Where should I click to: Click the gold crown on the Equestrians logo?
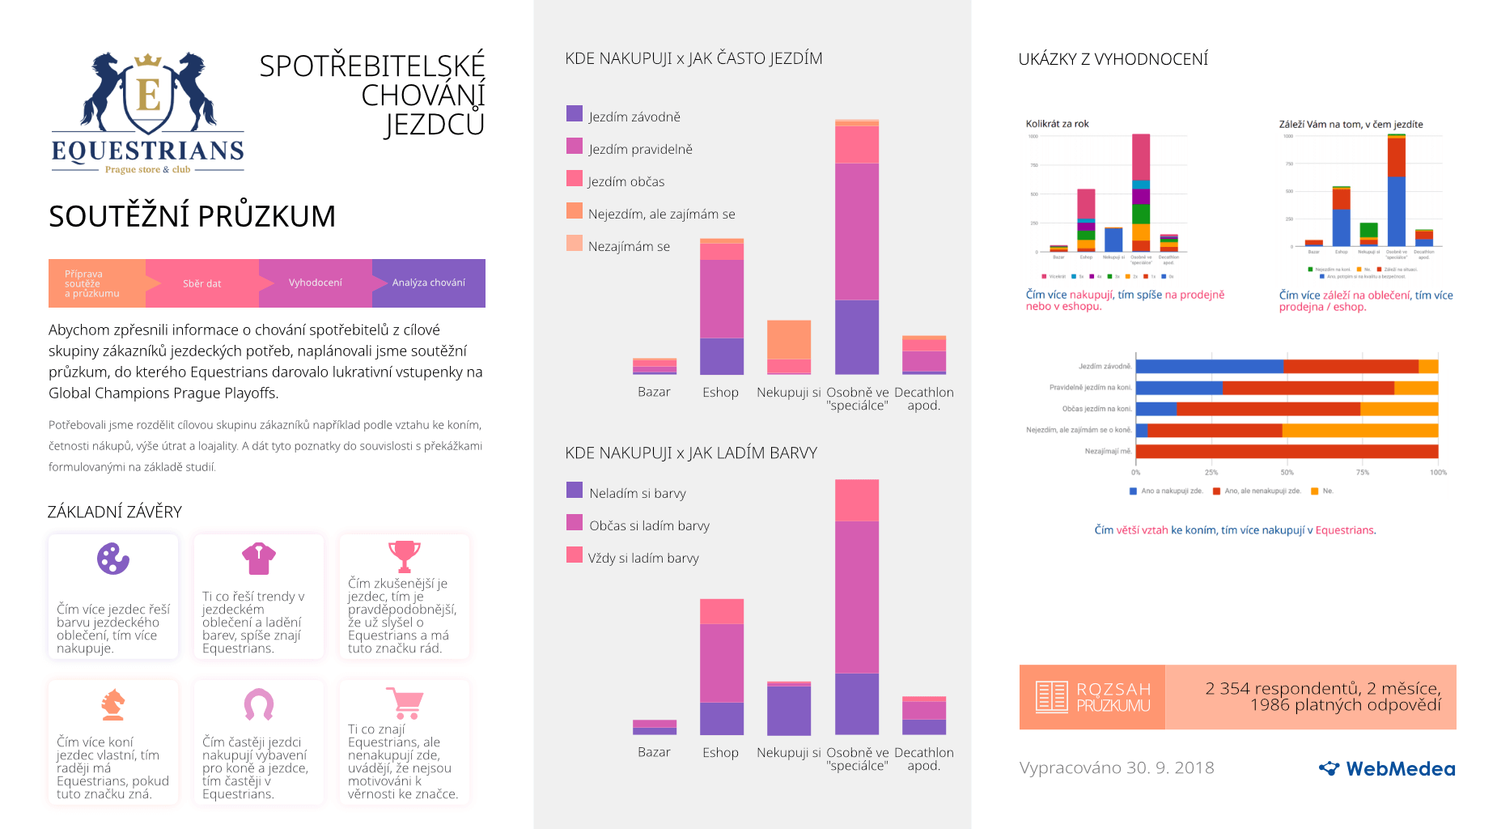pos(148,61)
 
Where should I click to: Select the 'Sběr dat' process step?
pos(201,283)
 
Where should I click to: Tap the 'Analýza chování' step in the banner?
pos(428,283)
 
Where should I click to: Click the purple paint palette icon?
pos(113,559)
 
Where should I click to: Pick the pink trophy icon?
pos(404,556)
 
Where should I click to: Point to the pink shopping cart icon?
pos(405,703)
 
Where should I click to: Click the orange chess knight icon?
pos(112,704)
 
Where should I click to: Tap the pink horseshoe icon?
pos(259,704)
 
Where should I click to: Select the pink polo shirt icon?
pos(259,558)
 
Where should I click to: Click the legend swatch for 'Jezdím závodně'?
pos(575,113)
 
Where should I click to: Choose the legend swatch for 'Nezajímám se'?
pos(575,243)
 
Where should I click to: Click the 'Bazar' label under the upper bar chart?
pos(654,392)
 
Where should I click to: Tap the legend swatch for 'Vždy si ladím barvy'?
pos(575,555)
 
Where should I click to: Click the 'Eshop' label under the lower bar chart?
pos(720,752)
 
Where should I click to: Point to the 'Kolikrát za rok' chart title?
pos(1057,124)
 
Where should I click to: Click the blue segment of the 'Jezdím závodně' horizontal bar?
pos(1209,367)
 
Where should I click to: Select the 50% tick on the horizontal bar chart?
pos(1287,472)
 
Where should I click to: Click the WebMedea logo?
pos(1387,768)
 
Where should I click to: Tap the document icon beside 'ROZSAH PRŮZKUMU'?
pos(1051,696)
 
